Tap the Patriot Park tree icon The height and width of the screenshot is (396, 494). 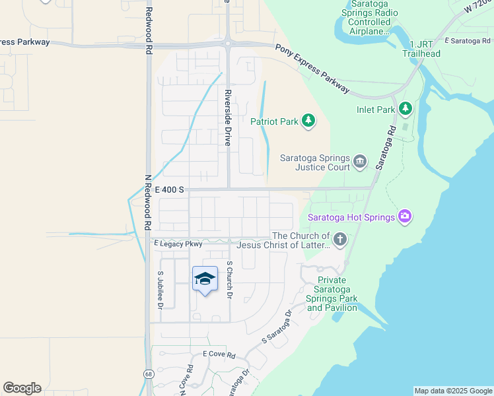tap(308, 120)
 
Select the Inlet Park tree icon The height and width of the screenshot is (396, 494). tap(405, 109)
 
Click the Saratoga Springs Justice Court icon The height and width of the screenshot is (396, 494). tap(360, 160)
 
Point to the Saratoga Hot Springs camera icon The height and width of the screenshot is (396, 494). tap(405, 216)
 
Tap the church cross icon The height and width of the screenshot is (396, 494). tap(339, 240)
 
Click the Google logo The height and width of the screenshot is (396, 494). tap(22, 388)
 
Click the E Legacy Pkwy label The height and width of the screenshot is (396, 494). tap(178, 244)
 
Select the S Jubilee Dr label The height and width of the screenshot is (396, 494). tap(160, 290)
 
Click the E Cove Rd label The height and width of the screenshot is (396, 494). tap(219, 354)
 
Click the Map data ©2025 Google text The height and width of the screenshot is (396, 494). tap(453, 391)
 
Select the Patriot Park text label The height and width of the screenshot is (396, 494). tap(274, 121)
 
